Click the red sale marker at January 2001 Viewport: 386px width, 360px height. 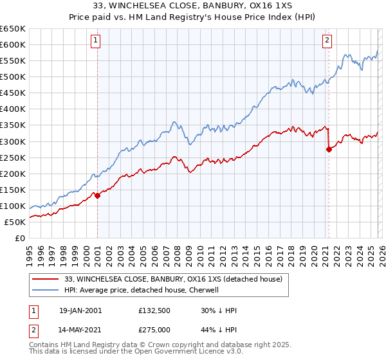(x=97, y=196)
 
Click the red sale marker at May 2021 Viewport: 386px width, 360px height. (x=329, y=149)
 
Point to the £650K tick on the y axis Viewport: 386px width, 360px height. (x=13, y=29)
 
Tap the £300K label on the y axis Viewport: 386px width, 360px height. (x=13, y=141)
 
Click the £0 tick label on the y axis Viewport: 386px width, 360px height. (x=20, y=238)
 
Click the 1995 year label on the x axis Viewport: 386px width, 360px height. (x=29, y=252)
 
